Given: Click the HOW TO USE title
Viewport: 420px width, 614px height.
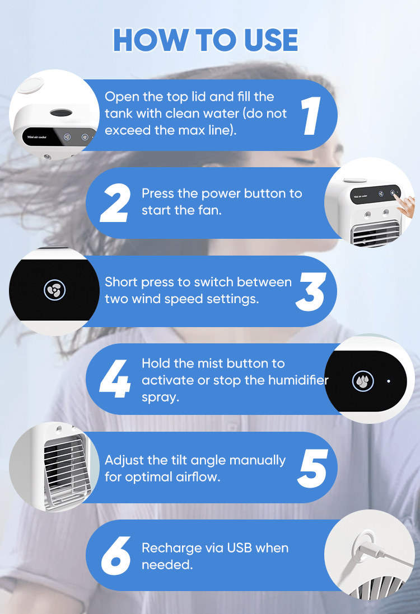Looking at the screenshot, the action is pyautogui.click(x=206, y=40).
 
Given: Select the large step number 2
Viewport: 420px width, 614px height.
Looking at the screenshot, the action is pyautogui.click(x=115, y=203).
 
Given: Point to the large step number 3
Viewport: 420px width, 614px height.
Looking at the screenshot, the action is pyautogui.click(x=310, y=292).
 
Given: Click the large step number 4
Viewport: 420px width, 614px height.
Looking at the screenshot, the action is pyautogui.click(x=114, y=379).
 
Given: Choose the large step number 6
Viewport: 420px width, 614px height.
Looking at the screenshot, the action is pyautogui.click(x=116, y=556).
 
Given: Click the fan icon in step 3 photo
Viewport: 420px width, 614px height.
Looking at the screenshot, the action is pyautogui.click(x=54, y=290).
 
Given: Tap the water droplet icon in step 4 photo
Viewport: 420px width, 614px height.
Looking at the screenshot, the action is pyautogui.click(x=363, y=381).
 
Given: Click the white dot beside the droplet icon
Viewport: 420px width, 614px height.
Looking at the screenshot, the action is pyautogui.click(x=389, y=381).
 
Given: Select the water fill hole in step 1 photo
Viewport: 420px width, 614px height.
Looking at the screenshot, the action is pyautogui.click(x=61, y=113).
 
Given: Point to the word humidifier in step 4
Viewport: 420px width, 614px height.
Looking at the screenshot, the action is pyautogui.click(x=299, y=380).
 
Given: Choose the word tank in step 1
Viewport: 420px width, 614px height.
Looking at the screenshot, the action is pyautogui.click(x=118, y=114).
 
